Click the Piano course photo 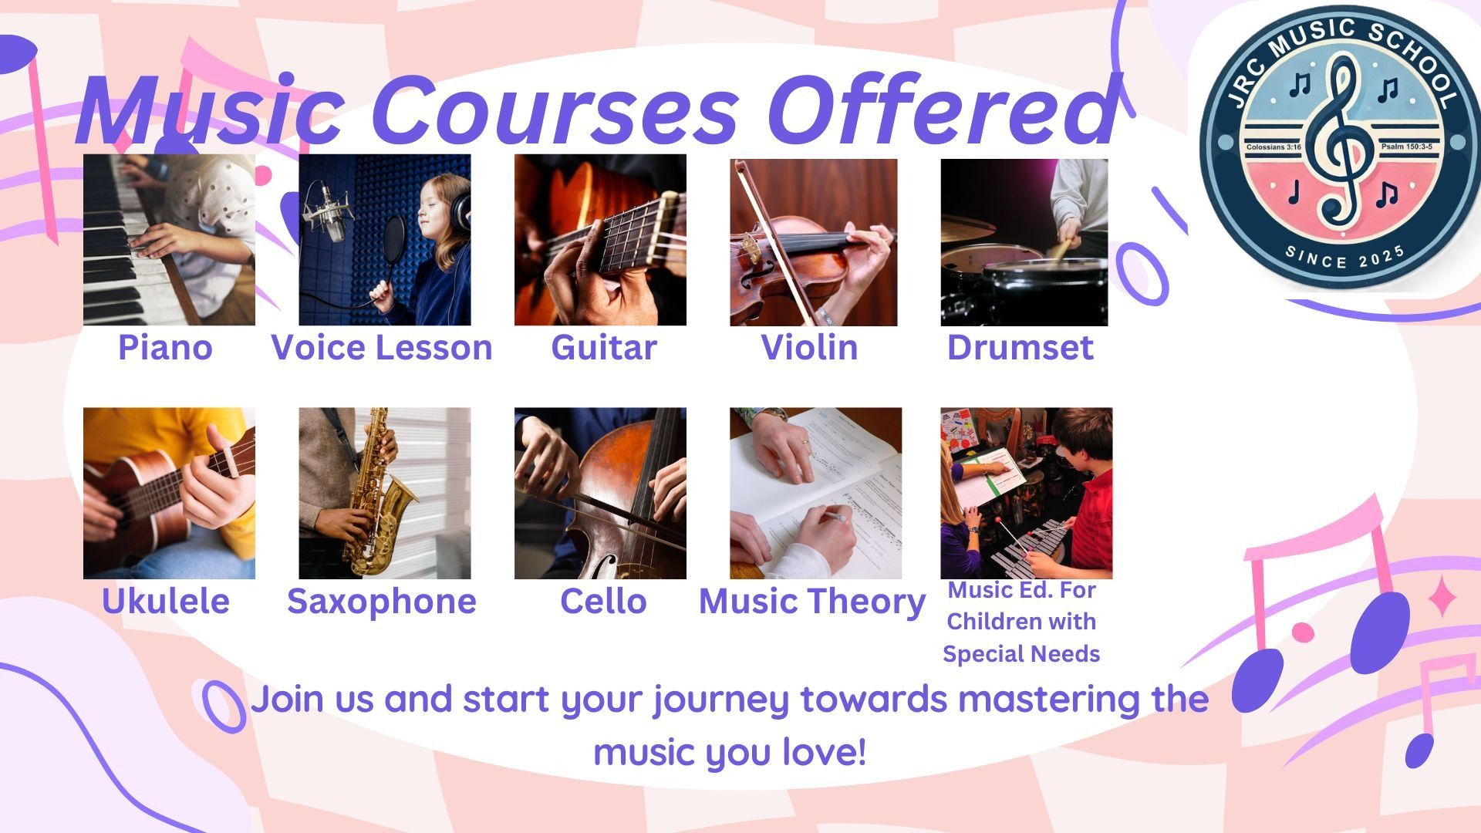(x=169, y=240)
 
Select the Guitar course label (x=604, y=348)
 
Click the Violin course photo (x=814, y=242)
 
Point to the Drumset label (x=1020, y=348)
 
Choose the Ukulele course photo (x=169, y=494)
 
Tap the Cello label (x=603, y=602)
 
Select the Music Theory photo (x=815, y=494)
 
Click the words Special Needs (x=1021, y=654)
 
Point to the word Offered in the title (x=943, y=110)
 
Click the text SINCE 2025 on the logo (x=1345, y=257)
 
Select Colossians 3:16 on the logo (x=1274, y=147)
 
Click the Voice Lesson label (x=382, y=348)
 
